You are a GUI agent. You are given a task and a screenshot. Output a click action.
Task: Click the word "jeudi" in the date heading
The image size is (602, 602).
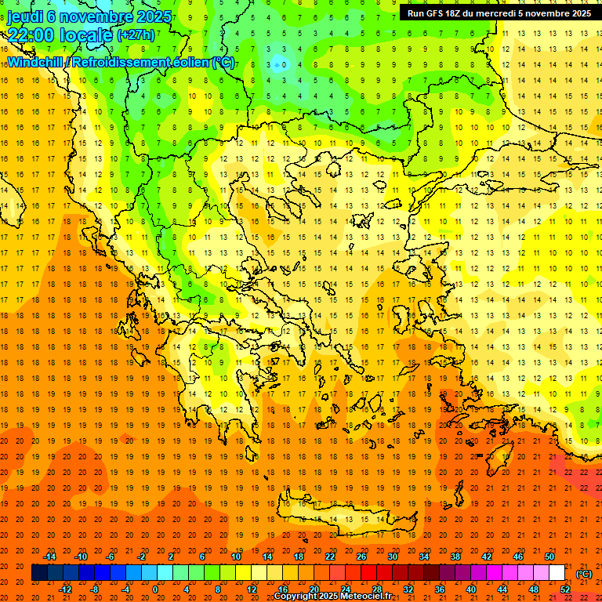26,16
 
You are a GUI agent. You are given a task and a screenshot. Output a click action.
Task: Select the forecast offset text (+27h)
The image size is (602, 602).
136,35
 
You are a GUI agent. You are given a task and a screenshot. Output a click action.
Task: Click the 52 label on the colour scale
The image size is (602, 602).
566,589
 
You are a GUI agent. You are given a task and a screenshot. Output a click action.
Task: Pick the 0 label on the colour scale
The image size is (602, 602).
154,589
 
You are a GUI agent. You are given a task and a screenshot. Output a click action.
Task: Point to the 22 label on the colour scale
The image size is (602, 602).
330,557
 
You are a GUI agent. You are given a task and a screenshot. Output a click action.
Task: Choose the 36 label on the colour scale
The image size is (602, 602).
440,589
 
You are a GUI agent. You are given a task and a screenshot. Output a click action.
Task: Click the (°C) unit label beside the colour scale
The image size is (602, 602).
584,574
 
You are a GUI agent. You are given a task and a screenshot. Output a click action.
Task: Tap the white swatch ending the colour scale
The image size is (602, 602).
557,573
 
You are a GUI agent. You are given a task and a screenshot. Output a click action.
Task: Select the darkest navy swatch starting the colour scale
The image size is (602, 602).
39,573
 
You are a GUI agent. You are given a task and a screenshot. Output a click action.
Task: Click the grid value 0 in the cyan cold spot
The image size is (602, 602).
285,64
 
